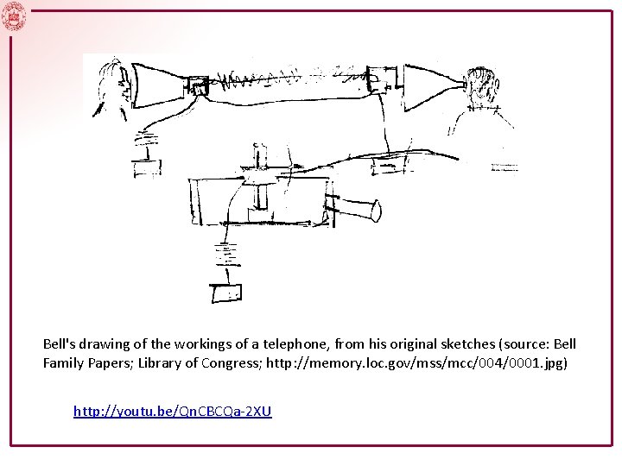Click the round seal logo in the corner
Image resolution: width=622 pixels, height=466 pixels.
click(x=14, y=16)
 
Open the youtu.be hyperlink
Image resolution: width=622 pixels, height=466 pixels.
click(x=173, y=412)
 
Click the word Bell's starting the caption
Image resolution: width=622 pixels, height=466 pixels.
click(x=59, y=343)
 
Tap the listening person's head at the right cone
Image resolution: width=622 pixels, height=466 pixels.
click(x=481, y=85)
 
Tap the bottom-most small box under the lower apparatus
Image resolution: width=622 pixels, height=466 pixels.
click(x=226, y=293)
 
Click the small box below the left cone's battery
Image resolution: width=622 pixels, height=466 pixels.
click(x=147, y=168)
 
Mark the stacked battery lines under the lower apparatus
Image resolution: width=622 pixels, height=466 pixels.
click(x=227, y=255)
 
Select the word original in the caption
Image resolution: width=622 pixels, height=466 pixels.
click(x=416, y=344)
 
